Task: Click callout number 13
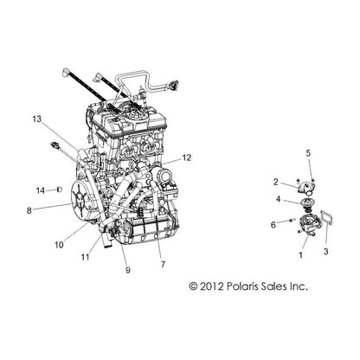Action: point(37,119)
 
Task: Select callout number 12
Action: point(187,157)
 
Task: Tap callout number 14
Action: point(41,190)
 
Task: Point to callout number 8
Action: point(29,211)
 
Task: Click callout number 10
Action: point(59,245)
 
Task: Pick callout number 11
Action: point(86,257)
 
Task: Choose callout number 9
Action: point(128,270)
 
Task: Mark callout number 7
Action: point(163,264)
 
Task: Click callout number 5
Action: point(308,153)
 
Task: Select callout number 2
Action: point(276,182)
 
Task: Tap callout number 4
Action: point(278,199)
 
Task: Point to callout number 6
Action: point(273,224)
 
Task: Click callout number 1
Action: point(301,255)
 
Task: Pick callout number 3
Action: point(325,252)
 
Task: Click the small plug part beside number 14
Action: point(61,190)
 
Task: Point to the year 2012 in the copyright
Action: point(211,286)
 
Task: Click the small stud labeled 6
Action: point(291,221)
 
